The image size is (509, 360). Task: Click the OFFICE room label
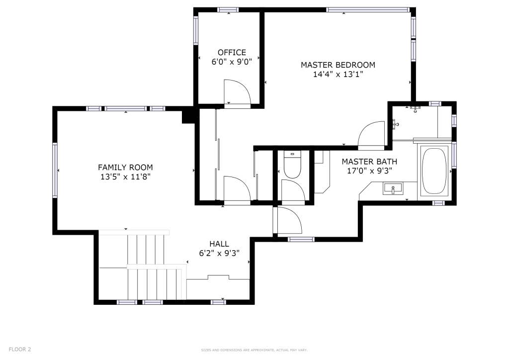tap(232, 53)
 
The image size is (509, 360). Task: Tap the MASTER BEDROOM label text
tap(338, 65)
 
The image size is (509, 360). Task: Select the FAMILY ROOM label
tap(125, 168)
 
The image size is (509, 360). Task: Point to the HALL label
tap(219, 244)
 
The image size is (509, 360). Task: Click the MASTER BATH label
tap(369, 162)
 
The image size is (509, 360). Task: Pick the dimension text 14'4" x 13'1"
tap(338, 75)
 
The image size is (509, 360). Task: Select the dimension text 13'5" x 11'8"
tap(125, 177)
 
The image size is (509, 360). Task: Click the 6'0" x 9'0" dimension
tap(232, 62)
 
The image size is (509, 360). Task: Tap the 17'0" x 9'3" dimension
tap(370, 171)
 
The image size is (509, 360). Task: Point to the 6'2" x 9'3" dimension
tap(219, 253)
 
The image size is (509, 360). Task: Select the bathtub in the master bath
tap(434, 171)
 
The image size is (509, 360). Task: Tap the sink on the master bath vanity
tap(393, 188)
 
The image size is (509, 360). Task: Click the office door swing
tap(237, 92)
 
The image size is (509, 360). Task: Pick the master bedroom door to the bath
tap(371, 135)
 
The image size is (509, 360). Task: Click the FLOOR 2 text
tap(20, 350)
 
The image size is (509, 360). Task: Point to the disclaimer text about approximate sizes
tap(254, 350)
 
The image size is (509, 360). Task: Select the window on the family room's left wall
tap(55, 170)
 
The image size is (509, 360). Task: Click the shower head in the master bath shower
tap(415, 109)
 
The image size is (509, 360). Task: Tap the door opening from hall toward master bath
tap(288, 221)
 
